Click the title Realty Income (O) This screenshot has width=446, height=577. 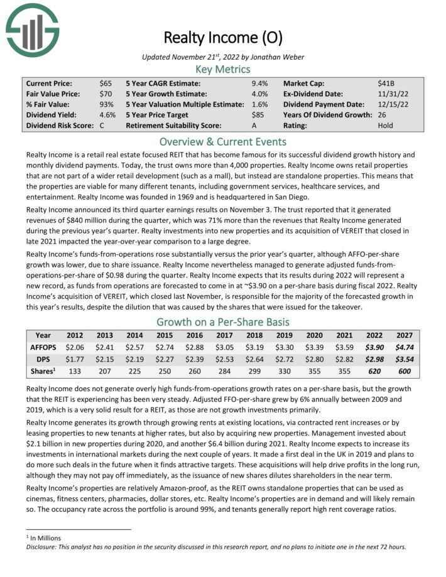[223, 37]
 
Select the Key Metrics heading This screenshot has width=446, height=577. [223, 69]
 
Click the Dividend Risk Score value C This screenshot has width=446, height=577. [102, 126]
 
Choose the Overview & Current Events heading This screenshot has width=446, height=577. [223, 141]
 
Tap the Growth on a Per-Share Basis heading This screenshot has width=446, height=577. [223, 322]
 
